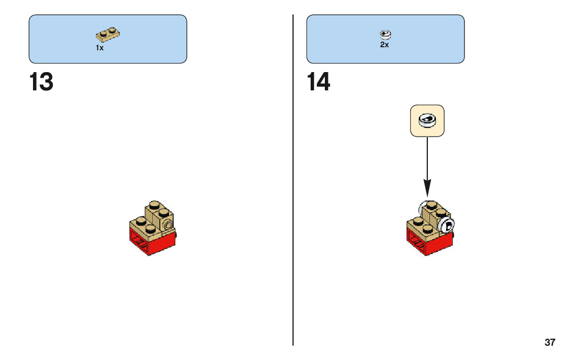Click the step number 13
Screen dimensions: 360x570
(41, 82)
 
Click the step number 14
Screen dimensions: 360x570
(319, 82)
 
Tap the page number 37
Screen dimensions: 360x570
(550, 342)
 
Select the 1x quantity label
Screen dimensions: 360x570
(99, 48)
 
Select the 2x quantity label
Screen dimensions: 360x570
(384, 45)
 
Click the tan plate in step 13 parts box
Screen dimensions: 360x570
(108, 35)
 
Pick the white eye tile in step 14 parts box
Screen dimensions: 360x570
(385, 35)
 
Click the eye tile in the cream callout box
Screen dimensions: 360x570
(427, 121)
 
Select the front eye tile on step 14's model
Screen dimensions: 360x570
(447, 225)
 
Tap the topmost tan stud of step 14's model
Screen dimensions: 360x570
(431, 205)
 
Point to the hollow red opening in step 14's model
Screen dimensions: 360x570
(416, 244)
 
